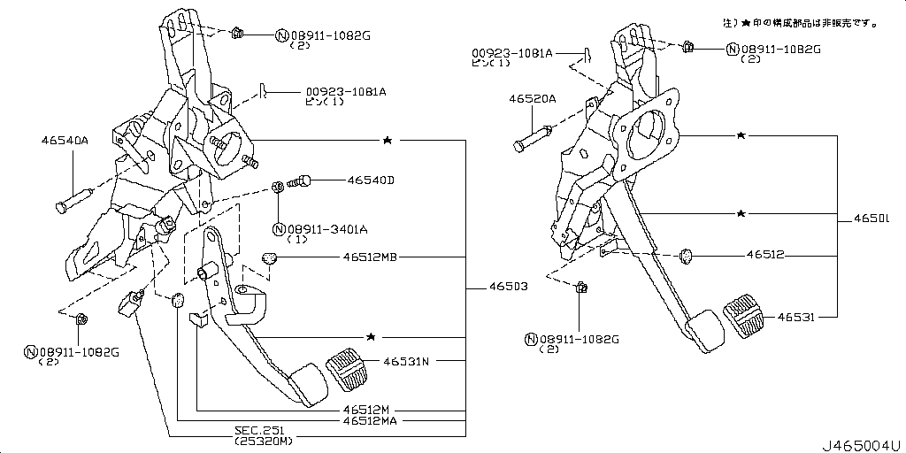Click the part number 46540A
pos(65,140)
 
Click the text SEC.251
pos(257,429)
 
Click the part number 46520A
pos(532,99)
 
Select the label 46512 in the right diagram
pos(765,255)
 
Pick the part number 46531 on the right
pos(796,316)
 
